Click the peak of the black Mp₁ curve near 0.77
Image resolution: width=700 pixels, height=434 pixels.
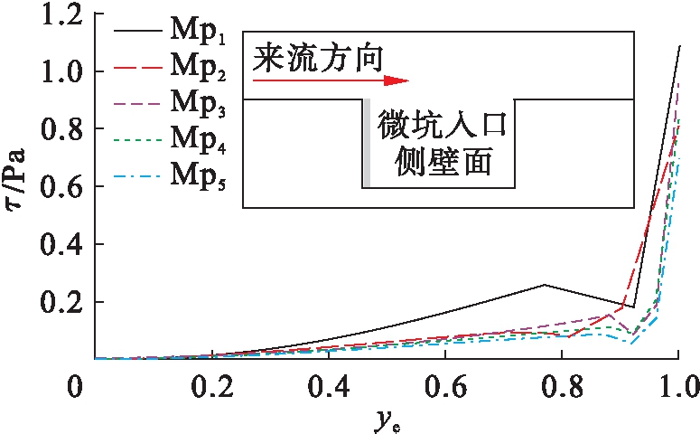[x=545, y=285]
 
